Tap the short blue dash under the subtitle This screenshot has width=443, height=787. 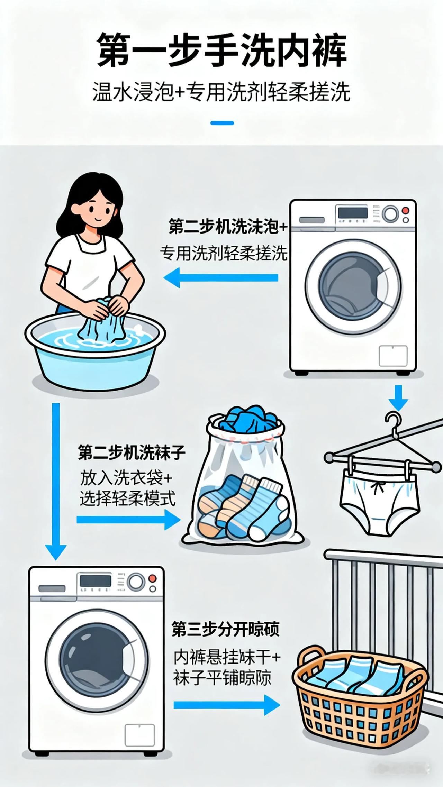tap(222, 123)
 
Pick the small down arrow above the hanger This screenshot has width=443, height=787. tap(398, 398)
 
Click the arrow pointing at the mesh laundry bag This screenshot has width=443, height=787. tap(128, 520)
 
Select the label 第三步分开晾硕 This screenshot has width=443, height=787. tap(225, 630)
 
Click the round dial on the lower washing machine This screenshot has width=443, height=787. tap(135, 582)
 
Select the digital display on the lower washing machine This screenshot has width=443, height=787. tap(96, 581)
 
